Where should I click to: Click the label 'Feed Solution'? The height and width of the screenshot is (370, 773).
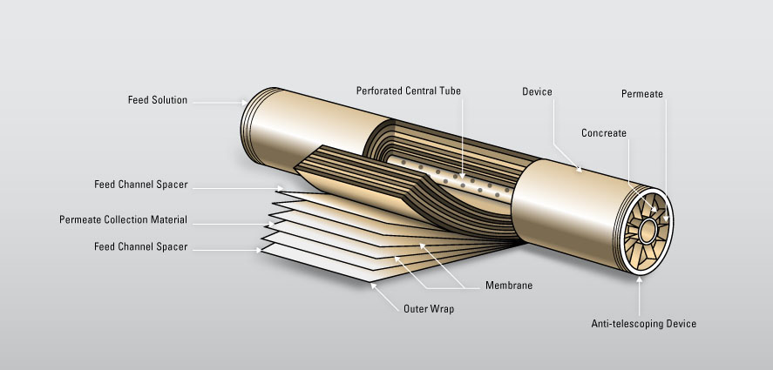coord(157,100)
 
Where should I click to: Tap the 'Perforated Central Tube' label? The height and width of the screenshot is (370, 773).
coord(408,91)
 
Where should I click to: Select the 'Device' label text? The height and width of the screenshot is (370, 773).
coord(537,91)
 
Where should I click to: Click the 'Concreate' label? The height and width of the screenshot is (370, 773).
coord(604,133)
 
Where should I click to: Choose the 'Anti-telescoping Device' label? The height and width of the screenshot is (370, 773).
coord(643,324)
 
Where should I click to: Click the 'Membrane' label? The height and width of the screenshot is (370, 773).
coord(509,286)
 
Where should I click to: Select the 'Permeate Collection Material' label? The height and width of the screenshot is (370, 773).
coord(123,219)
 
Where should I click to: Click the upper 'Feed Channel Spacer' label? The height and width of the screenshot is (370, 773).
coord(141,185)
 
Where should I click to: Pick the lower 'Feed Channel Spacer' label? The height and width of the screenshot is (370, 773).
coord(141,247)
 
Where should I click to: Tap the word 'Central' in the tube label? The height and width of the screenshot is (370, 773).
coord(424,91)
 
